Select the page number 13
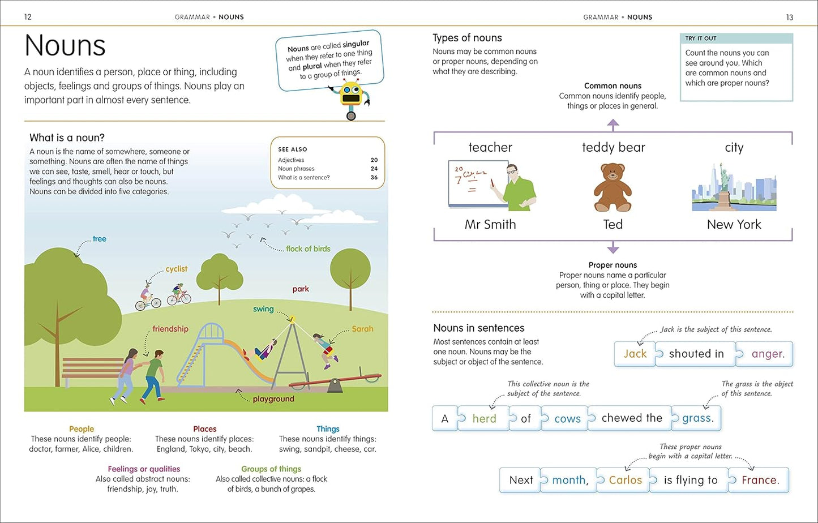tap(790, 17)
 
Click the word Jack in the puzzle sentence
tap(635, 354)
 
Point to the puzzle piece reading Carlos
tap(625, 480)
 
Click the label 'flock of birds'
tap(308, 248)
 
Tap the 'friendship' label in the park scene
tap(170, 329)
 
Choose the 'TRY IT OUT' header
tap(701, 38)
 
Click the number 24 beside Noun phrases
tap(374, 169)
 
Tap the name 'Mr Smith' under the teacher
tap(490, 225)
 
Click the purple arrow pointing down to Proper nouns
tap(613, 248)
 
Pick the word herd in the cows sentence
tap(484, 419)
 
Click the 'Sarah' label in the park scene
tap(362, 329)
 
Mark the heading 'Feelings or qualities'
tap(144, 469)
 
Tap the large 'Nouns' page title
tap(65, 45)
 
